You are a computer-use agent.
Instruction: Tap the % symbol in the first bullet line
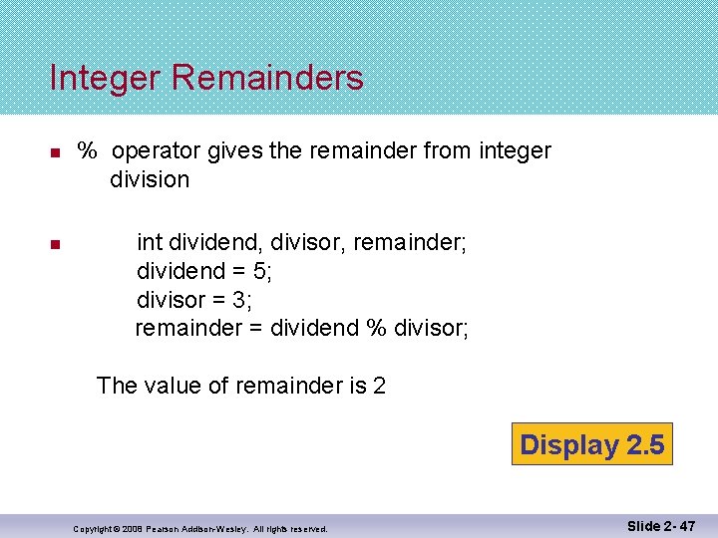pyautogui.click(x=89, y=151)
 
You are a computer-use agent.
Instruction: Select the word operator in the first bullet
pyautogui.click(x=157, y=151)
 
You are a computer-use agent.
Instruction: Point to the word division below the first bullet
pyautogui.click(x=150, y=179)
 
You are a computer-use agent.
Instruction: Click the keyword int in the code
pyautogui.click(x=150, y=241)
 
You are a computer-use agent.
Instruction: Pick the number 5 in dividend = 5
pyautogui.click(x=260, y=270)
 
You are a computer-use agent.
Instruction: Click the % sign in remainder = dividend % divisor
pyautogui.click(x=376, y=328)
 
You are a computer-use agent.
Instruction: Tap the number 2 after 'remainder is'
pyautogui.click(x=379, y=385)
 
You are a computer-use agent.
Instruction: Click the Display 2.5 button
pyautogui.click(x=591, y=444)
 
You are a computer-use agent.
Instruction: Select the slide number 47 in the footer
pyautogui.click(x=686, y=524)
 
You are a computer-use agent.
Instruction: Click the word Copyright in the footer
pyautogui.click(x=96, y=529)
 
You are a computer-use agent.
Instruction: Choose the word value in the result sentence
pyautogui.click(x=169, y=385)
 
